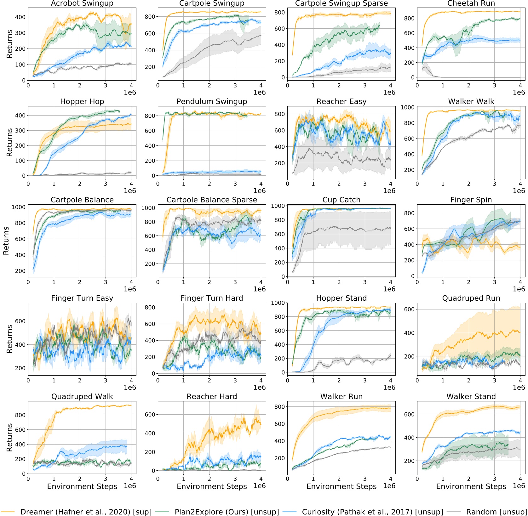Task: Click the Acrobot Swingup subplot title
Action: click(x=82, y=3)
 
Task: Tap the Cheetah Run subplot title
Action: click(x=471, y=3)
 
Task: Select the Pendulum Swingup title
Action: click(x=212, y=101)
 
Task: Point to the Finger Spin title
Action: click(x=471, y=200)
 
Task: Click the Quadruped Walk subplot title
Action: click(x=82, y=396)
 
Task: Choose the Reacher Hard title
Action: click(x=212, y=396)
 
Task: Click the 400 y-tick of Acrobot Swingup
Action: click(x=20, y=17)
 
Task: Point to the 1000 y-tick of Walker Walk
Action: click(x=407, y=107)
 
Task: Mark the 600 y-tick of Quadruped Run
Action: click(x=409, y=309)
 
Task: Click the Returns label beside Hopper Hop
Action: click(x=9, y=142)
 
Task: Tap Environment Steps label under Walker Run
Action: click(x=341, y=486)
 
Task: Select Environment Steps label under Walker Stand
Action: click(x=471, y=486)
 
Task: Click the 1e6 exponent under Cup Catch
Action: click(x=389, y=289)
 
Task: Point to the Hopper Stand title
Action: click(x=341, y=298)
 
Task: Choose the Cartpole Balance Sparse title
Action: click(x=212, y=200)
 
